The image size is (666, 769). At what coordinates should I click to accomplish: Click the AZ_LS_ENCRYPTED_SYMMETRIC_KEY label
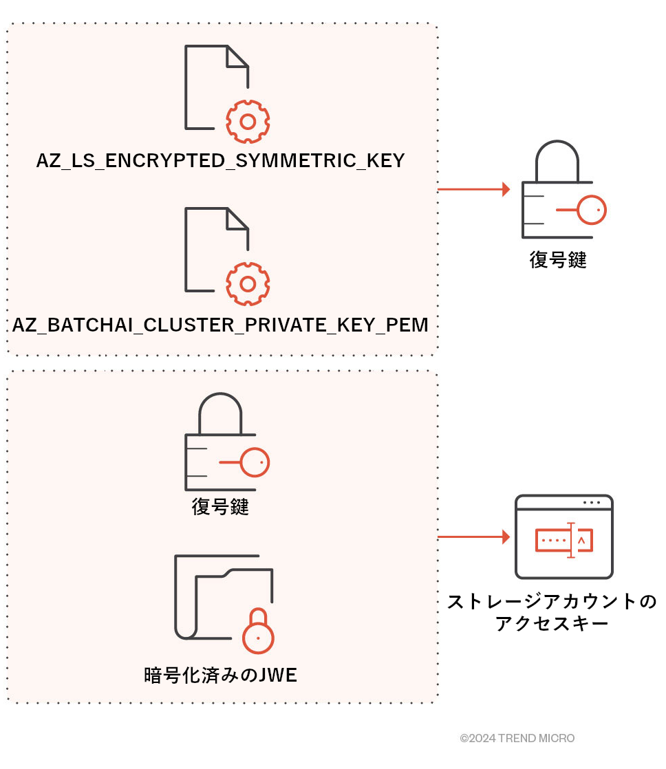(x=220, y=162)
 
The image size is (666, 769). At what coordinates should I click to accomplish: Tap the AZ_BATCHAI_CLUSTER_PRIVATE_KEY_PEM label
(x=220, y=325)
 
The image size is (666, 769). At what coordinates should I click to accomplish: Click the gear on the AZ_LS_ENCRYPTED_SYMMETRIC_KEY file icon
(x=248, y=122)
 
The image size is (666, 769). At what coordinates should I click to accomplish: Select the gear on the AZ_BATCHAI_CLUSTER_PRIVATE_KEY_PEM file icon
(x=248, y=284)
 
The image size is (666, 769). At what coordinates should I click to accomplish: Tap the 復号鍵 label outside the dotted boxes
(x=557, y=260)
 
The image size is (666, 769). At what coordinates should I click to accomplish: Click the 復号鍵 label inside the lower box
(x=219, y=508)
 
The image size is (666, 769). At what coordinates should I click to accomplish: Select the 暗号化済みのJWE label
(x=220, y=675)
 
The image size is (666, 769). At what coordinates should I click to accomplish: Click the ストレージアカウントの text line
(x=552, y=602)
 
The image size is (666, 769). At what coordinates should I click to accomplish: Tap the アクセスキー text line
(x=552, y=624)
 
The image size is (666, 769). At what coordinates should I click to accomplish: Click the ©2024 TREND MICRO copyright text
(x=517, y=739)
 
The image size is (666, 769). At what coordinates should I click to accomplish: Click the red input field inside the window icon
(x=564, y=541)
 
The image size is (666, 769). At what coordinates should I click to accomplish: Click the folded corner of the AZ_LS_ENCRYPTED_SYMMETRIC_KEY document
(x=238, y=56)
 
